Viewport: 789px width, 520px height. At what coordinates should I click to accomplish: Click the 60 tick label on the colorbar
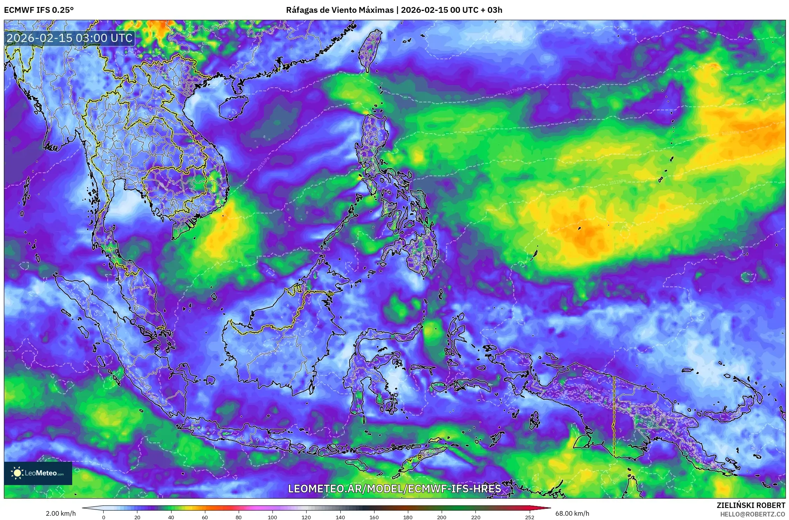pyautogui.click(x=205, y=517)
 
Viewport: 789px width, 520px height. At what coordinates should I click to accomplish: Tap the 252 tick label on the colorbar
pyautogui.click(x=530, y=517)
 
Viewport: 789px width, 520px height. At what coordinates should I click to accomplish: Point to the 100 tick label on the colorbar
pyautogui.click(x=272, y=517)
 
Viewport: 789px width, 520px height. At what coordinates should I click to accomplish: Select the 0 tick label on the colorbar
pyautogui.click(x=103, y=517)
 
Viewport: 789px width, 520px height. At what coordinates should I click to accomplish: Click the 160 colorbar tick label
pyautogui.click(x=374, y=517)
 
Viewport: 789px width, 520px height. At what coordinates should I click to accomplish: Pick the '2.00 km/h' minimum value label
pyautogui.click(x=61, y=513)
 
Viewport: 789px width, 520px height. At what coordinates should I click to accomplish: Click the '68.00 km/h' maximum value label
pyautogui.click(x=572, y=513)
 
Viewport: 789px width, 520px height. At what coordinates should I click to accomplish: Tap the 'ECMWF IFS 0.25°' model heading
pyautogui.click(x=39, y=10)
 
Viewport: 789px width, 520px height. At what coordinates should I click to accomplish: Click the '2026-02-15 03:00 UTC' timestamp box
pyautogui.click(x=70, y=38)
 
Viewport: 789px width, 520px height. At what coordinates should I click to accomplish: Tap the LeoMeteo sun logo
pyautogui.click(x=17, y=473)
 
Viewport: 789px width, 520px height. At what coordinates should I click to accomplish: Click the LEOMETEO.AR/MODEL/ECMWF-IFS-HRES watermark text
pyautogui.click(x=394, y=488)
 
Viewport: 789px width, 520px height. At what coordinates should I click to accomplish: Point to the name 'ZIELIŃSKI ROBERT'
pyautogui.click(x=751, y=505)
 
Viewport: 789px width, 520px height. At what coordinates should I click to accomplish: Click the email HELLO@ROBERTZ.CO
pyautogui.click(x=753, y=514)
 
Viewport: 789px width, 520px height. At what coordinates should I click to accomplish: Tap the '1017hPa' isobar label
pyautogui.click(x=513, y=91)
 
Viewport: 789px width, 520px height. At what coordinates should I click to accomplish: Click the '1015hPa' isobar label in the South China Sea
pyautogui.click(x=264, y=165)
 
